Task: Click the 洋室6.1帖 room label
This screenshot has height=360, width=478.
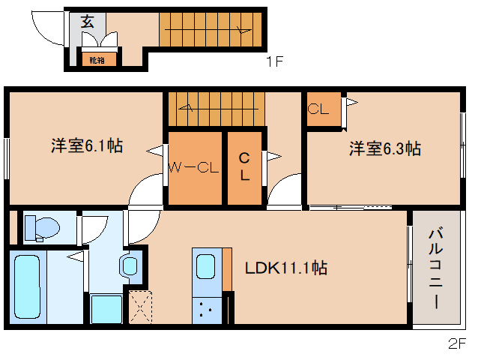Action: tap(87, 147)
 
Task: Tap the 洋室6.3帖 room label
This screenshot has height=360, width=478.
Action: tap(384, 148)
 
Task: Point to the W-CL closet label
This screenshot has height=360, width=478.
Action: tap(193, 168)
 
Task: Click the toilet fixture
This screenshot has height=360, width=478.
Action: tap(42, 227)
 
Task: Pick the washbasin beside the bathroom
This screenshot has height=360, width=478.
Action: tap(130, 265)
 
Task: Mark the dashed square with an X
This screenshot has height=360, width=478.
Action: tap(141, 307)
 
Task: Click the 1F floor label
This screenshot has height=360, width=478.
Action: tap(274, 62)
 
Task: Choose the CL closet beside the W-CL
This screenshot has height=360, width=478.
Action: tap(244, 168)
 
